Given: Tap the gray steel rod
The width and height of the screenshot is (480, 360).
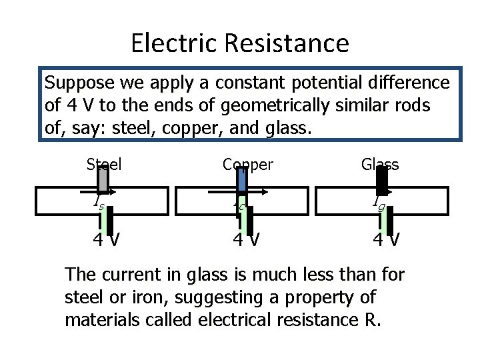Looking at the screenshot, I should coord(103,179).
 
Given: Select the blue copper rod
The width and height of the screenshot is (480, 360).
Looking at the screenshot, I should coord(243,179).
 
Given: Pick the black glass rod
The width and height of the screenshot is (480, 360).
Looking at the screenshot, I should coord(382,179).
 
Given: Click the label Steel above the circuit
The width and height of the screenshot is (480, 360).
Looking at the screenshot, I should coord(104,164).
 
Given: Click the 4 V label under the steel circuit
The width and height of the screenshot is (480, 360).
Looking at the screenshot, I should coord(107,238).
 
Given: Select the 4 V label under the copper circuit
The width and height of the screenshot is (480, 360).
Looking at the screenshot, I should coord(246,238).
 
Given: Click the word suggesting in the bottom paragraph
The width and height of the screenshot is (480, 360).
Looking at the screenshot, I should coord(200,297).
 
